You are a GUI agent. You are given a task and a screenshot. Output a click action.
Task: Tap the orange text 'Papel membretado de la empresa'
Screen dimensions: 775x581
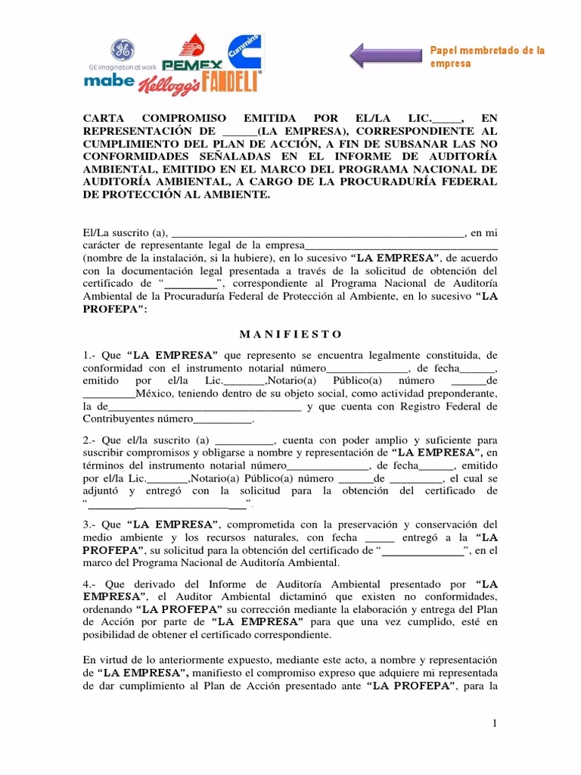click(x=487, y=57)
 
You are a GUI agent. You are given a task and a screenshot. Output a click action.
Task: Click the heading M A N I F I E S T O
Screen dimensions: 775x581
click(x=290, y=334)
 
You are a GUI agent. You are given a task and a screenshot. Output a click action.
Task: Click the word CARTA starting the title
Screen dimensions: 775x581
click(x=103, y=119)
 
